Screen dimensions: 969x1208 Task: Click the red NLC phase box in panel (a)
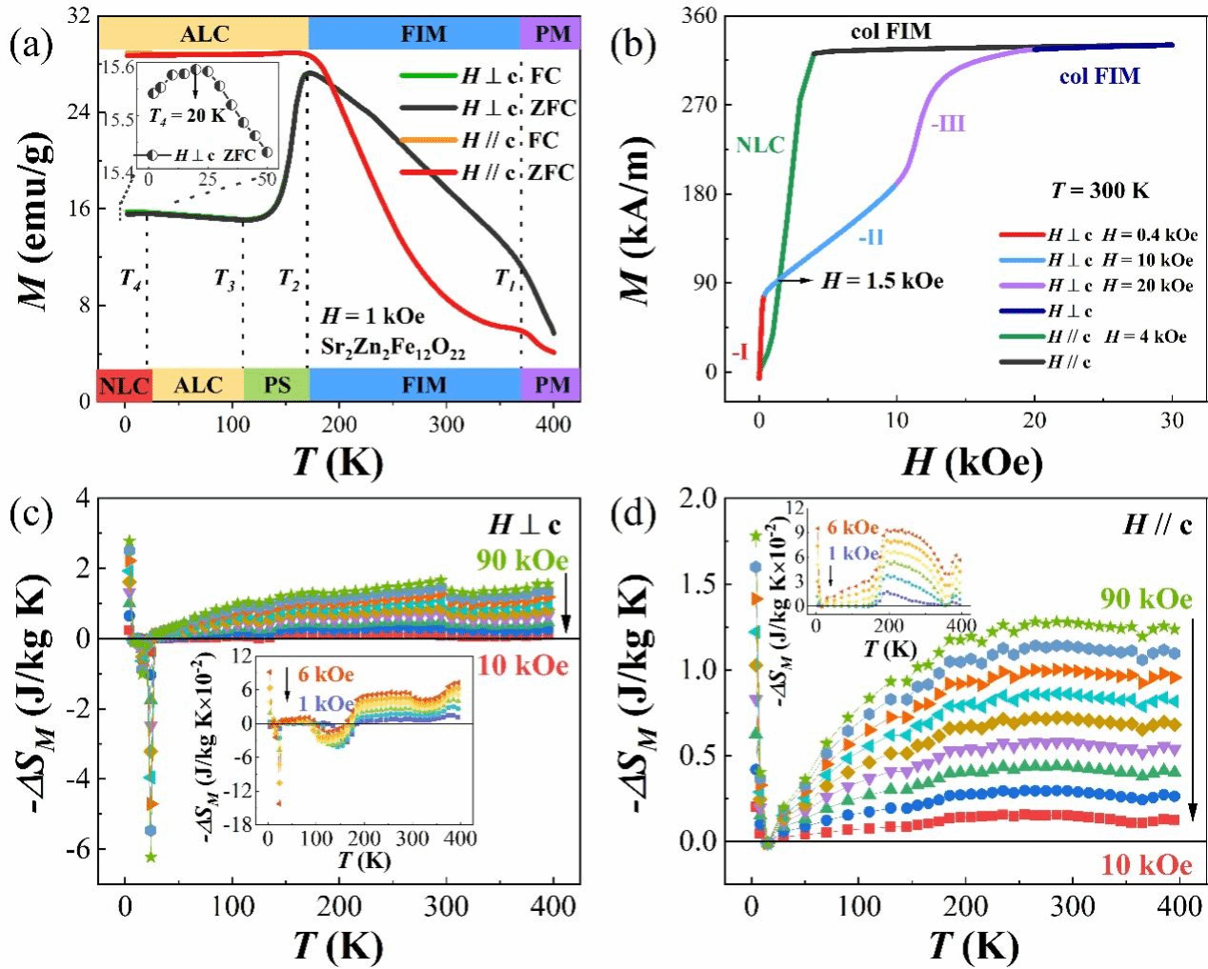click(x=124, y=385)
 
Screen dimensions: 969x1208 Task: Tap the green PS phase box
click(x=276, y=385)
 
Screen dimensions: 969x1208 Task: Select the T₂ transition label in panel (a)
click(x=290, y=278)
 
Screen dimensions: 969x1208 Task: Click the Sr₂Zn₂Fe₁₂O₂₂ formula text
click(x=393, y=350)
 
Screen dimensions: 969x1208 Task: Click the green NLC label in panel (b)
click(x=760, y=145)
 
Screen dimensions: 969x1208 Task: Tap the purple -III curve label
click(x=947, y=124)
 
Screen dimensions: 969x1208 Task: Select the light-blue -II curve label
click(x=871, y=236)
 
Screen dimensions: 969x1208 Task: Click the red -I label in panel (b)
click(x=739, y=353)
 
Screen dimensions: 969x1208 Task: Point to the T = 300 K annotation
click(x=1100, y=191)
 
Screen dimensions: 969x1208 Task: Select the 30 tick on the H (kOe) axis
click(x=1172, y=420)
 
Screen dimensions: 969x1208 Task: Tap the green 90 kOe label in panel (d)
click(x=1146, y=598)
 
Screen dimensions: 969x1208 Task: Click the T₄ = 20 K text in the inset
click(x=188, y=115)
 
